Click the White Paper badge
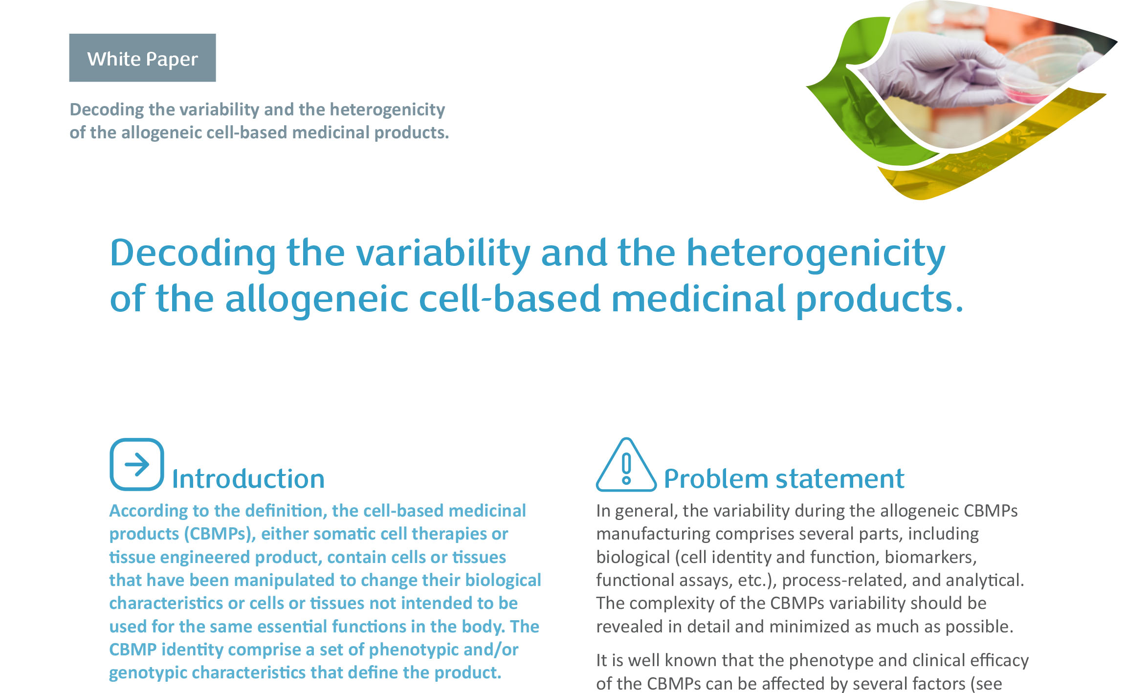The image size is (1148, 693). tap(142, 58)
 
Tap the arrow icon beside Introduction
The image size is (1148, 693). tap(137, 464)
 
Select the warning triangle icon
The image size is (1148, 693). tap(626, 465)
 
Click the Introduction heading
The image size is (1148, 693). tap(248, 478)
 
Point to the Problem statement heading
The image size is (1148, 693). tap(784, 478)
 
